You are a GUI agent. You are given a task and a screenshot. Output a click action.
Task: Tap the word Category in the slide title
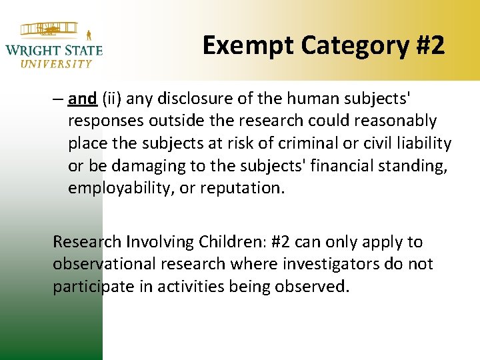click(347, 45)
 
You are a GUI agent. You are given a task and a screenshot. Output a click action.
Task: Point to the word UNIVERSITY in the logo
click(56, 64)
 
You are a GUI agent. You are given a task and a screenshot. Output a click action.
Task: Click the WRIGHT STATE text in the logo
click(54, 50)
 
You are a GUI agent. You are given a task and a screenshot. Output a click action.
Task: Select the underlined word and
click(82, 99)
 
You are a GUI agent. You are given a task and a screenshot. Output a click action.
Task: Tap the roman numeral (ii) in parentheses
click(113, 99)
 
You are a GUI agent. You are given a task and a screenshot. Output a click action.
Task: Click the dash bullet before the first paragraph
click(58, 99)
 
